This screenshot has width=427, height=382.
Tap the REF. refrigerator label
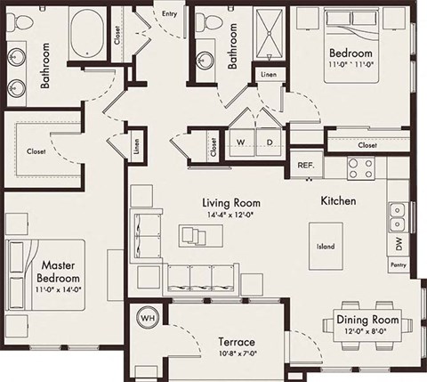[306, 166]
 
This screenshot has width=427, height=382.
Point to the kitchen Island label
[326, 247]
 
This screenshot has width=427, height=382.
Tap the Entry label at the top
[169, 13]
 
